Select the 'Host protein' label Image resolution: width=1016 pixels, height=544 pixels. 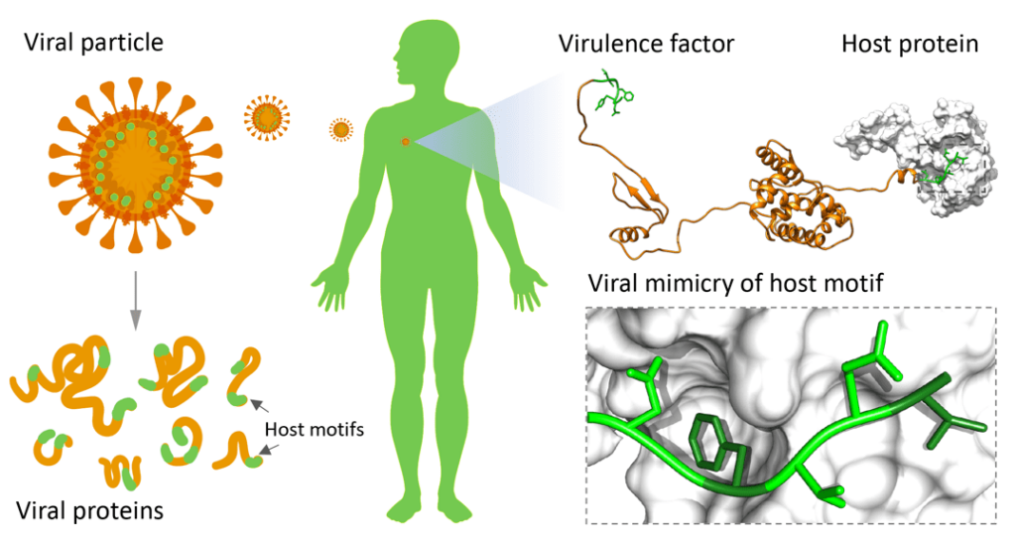pyautogui.click(x=909, y=43)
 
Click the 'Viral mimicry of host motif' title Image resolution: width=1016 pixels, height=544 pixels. pyautogui.click(x=732, y=283)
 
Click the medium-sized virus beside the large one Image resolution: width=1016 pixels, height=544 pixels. pyautogui.click(x=267, y=118)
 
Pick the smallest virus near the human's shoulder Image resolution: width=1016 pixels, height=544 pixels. pyautogui.click(x=340, y=129)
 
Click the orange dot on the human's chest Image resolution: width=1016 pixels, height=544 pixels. pyautogui.click(x=405, y=143)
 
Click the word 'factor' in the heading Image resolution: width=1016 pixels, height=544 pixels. pyautogui.click(x=702, y=43)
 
